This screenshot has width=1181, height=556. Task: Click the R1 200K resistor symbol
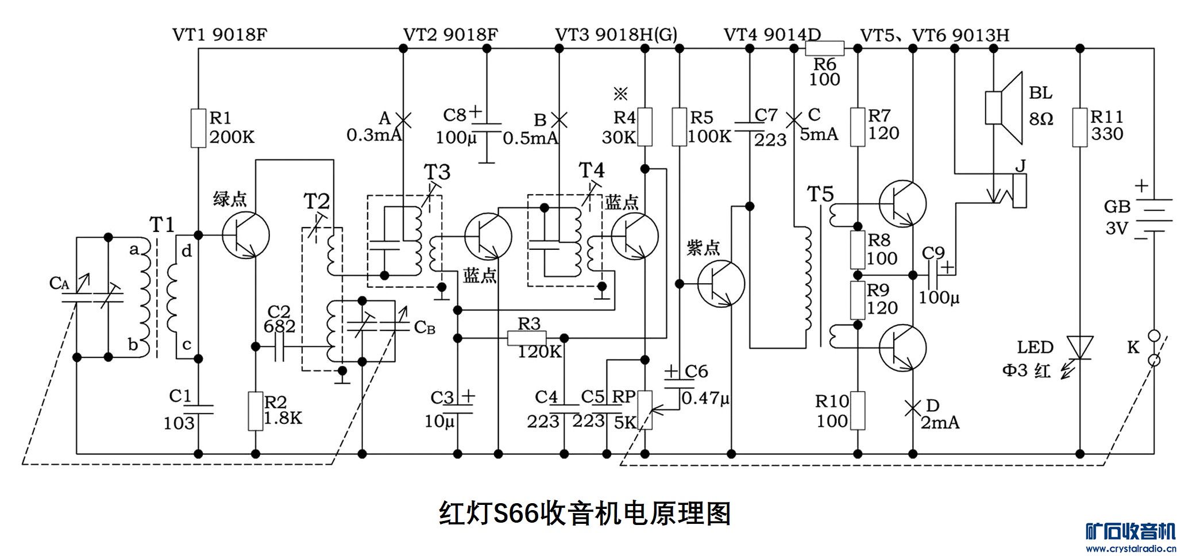pyautogui.click(x=198, y=128)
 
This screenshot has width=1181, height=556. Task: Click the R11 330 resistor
pyautogui.click(x=1080, y=127)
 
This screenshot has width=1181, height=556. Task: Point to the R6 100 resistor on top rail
pyautogui.click(x=824, y=48)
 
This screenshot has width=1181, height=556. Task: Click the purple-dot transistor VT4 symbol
pyautogui.click(x=721, y=284)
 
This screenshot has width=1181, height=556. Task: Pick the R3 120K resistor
pyautogui.click(x=527, y=338)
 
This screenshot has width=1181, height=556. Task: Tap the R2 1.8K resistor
pyautogui.click(x=256, y=411)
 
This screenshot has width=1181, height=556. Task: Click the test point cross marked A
pyautogui.click(x=403, y=119)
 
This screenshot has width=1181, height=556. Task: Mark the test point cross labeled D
pyautogui.click(x=912, y=408)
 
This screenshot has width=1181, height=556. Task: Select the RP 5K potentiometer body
pyautogui.click(x=645, y=410)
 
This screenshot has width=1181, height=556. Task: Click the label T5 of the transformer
pyautogui.click(x=820, y=194)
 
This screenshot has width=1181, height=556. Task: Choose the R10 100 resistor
pyautogui.click(x=858, y=411)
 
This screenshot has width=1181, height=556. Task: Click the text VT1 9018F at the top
pyautogui.click(x=219, y=34)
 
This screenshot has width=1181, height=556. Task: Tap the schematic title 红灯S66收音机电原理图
pyautogui.click(x=584, y=513)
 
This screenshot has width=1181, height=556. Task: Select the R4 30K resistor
pyautogui.click(x=645, y=127)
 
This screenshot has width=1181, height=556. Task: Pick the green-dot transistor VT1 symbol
pyautogui.click(x=246, y=235)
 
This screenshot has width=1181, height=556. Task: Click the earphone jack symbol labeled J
pyautogui.click(x=1019, y=190)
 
